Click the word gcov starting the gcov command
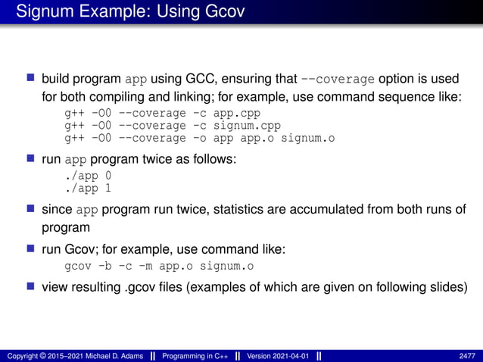[78, 266]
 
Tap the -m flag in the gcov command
[147, 266]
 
